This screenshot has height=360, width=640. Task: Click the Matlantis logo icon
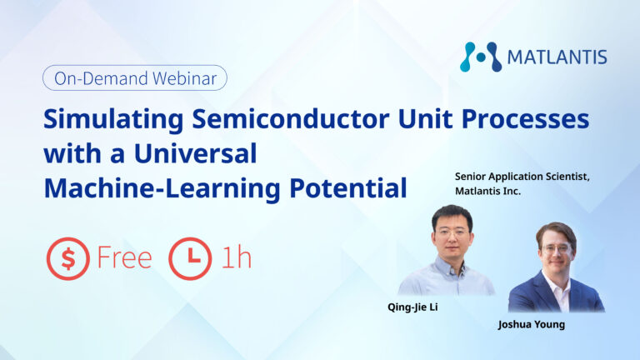pos(480,57)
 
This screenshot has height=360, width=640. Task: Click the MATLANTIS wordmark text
pos(557,57)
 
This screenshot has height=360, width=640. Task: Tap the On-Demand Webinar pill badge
pos(135,78)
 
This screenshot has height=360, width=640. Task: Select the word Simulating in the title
pos(113,120)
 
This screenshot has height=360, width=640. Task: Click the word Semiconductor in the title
pos(291,119)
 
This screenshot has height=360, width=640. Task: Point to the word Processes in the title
pos(525,119)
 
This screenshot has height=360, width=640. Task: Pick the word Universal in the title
pos(196,153)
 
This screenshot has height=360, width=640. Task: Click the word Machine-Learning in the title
pos(162,188)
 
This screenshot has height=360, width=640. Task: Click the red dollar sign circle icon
pos(67,259)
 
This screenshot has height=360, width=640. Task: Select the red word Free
pos(124,258)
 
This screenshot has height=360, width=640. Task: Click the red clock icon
pos(190,259)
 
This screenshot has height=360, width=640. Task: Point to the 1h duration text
pos(237,257)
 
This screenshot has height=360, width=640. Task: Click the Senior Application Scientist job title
pos(522,177)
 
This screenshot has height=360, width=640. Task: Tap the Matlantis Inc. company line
pos(487,191)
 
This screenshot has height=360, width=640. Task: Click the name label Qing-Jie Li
pos(412,307)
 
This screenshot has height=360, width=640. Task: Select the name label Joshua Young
pos(532,324)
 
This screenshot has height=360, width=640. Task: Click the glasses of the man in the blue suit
pos(557,248)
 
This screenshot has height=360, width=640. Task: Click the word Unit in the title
pos(425,119)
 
